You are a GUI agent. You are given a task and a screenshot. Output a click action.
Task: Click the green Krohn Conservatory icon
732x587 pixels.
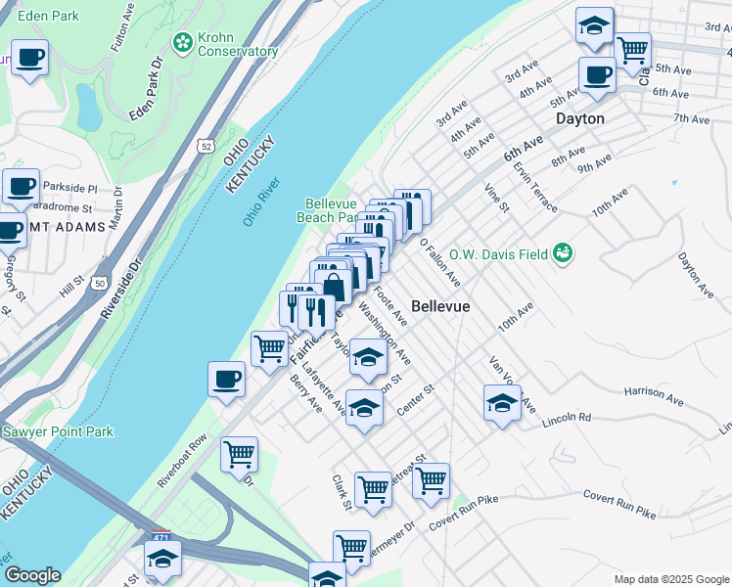pyautogui.click(x=182, y=42)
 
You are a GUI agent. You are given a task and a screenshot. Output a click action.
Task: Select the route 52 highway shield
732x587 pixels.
pyautogui.click(x=204, y=146)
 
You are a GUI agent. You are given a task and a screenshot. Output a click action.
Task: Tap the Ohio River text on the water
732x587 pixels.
pyautogui.click(x=262, y=203)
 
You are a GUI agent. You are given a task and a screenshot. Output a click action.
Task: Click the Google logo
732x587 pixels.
pyautogui.click(x=31, y=575)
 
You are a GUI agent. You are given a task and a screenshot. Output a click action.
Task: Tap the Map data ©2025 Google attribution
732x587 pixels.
pyautogui.click(x=670, y=578)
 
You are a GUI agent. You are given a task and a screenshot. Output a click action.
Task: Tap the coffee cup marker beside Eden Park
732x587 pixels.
pyautogui.click(x=29, y=58)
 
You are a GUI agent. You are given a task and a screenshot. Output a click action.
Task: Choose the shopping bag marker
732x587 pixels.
pyautogui.click(x=334, y=286)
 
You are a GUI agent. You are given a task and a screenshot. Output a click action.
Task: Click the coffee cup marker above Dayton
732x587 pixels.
pyautogui.click(x=596, y=74)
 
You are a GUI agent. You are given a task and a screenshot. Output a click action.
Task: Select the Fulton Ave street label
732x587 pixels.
pyautogui.click(x=121, y=26)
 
